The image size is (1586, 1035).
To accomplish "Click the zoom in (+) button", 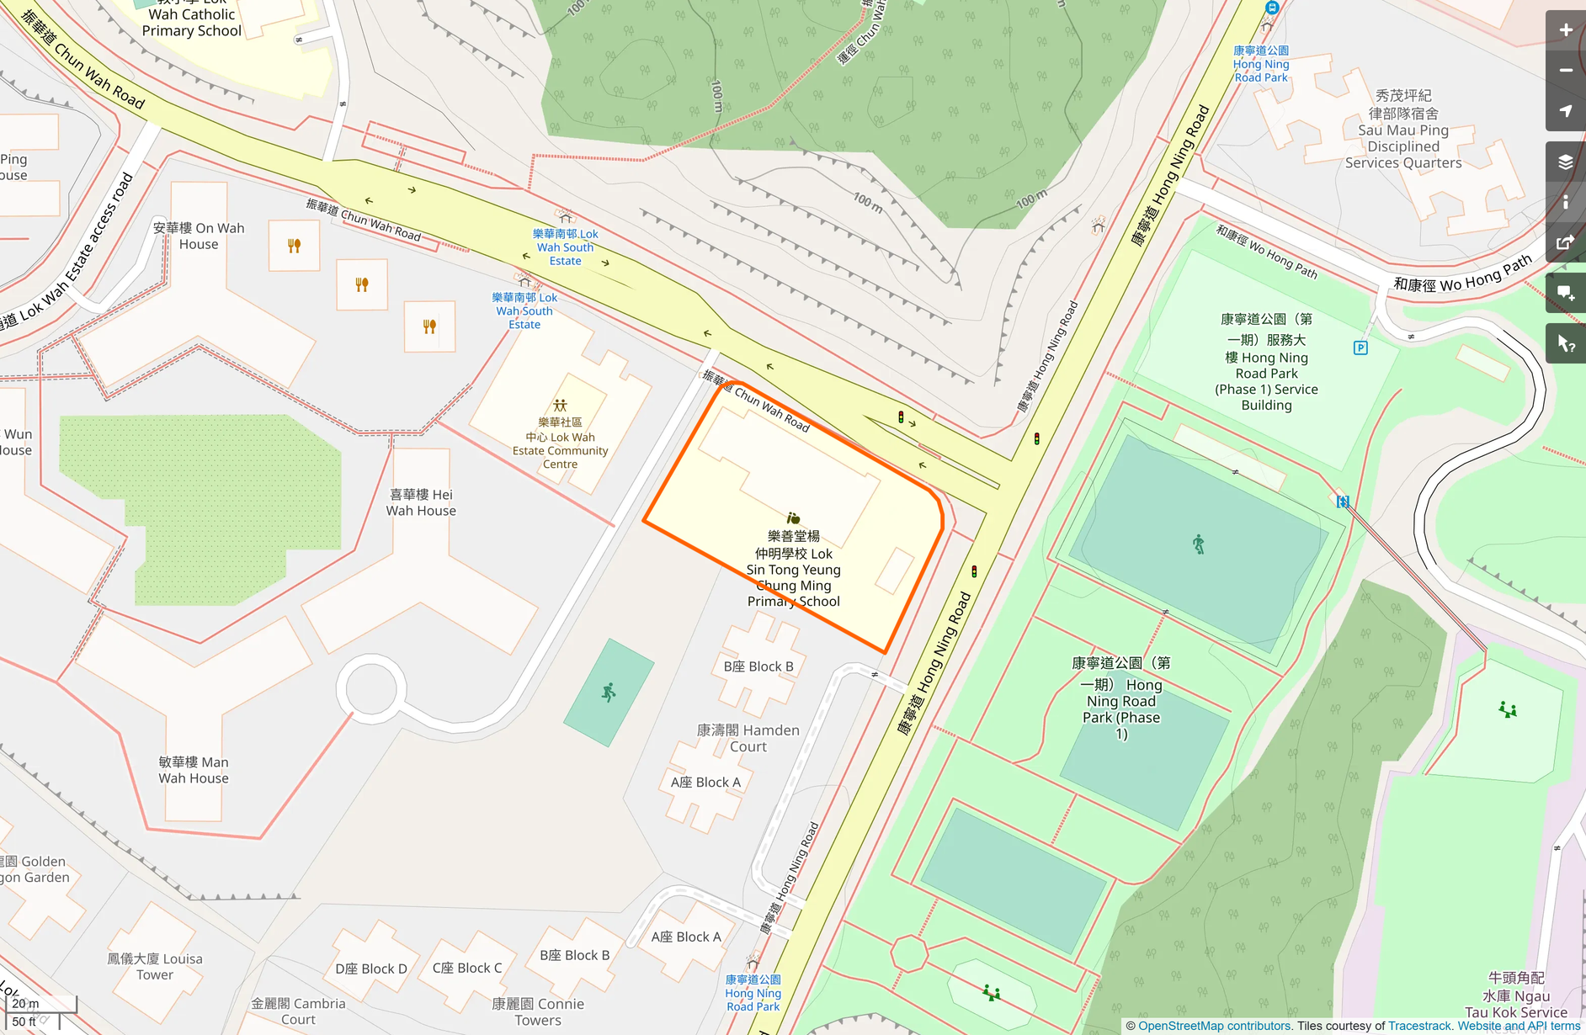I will [x=1565, y=30].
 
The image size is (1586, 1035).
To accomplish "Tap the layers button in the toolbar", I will [x=1565, y=162].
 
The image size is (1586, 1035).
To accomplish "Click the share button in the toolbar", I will [x=1565, y=243].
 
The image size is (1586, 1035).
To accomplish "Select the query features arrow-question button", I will [x=1565, y=343].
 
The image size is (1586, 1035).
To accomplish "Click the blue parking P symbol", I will [x=1360, y=348].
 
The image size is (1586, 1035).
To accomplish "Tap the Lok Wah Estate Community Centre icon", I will [x=560, y=406].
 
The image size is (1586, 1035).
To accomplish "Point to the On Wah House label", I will [x=199, y=236].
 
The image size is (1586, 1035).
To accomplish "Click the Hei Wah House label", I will [x=421, y=502].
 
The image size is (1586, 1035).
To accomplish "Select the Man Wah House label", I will [x=194, y=770].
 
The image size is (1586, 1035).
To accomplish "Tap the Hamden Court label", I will [x=748, y=738].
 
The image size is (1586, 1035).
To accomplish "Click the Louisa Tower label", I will [x=155, y=966].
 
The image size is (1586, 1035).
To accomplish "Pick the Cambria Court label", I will [x=298, y=1011].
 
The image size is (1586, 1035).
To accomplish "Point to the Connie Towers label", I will [x=538, y=1011].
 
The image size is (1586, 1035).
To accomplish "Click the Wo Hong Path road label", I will [x=1462, y=275].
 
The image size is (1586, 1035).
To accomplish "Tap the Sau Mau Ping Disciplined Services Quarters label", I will [x=1403, y=130].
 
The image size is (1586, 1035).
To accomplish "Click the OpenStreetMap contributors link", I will [x=1214, y=1026].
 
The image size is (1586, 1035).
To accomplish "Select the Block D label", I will [x=370, y=969].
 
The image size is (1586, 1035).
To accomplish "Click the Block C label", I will [x=467, y=968].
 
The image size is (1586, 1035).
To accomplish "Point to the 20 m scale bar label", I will [x=26, y=1003].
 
